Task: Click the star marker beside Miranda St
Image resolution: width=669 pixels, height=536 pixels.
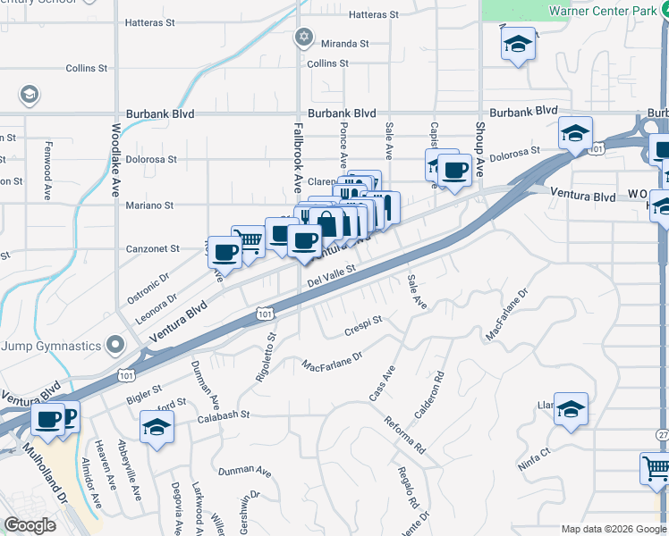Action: (304, 37)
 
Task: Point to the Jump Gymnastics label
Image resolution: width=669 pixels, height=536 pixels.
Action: (51, 346)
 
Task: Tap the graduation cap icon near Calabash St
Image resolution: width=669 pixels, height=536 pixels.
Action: (157, 427)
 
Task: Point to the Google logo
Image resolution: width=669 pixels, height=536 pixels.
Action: (30, 525)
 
